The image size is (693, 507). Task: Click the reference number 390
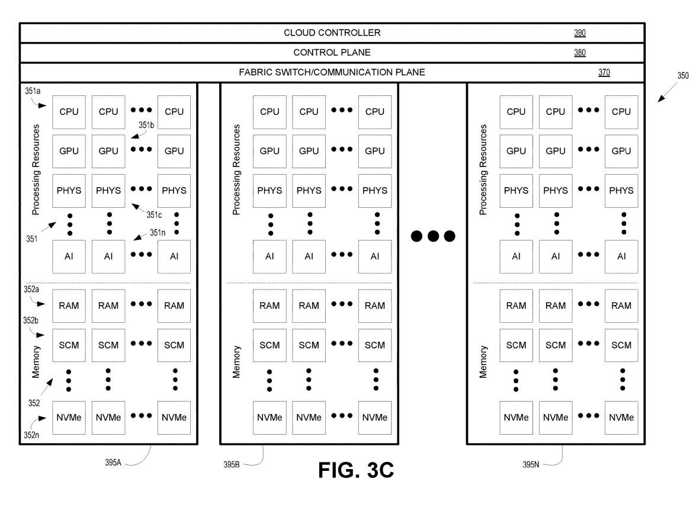(579, 33)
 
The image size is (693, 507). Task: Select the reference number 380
(579, 53)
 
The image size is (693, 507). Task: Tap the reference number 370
(604, 73)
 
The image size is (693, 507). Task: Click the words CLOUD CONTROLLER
(332, 33)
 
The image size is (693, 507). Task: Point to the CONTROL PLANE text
(332, 53)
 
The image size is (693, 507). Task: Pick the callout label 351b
(146, 125)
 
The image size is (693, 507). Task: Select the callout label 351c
(154, 214)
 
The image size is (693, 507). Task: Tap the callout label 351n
(158, 233)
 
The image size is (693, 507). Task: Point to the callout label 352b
(31, 320)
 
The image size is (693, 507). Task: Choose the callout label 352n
(31, 434)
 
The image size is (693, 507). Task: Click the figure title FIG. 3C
(356, 470)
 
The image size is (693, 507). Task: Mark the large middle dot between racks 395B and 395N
(433, 236)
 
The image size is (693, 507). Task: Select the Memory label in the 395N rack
(484, 362)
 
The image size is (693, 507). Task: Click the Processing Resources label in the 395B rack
(237, 169)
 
